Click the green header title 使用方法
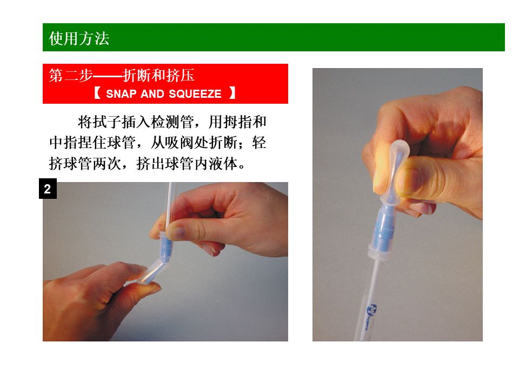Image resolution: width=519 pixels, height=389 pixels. (x=79, y=38)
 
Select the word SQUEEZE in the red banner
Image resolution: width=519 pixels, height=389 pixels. (x=195, y=94)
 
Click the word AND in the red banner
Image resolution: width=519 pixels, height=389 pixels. (x=152, y=94)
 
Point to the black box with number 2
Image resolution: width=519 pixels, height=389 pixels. (x=48, y=189)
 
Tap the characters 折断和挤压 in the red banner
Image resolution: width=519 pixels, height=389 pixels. (x=158, y=76)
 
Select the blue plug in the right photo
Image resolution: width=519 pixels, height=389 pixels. (x=384, y=228)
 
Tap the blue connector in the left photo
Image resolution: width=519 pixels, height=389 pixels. (x=165, y=246)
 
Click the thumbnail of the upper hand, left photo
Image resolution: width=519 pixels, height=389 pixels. (x=175, y=232)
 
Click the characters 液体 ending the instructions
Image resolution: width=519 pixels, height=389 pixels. (x=223, y=163)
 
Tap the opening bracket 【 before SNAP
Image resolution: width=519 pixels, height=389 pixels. (x=97, y=93)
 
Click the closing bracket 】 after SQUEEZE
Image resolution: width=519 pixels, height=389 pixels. (x=232, y=93)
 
